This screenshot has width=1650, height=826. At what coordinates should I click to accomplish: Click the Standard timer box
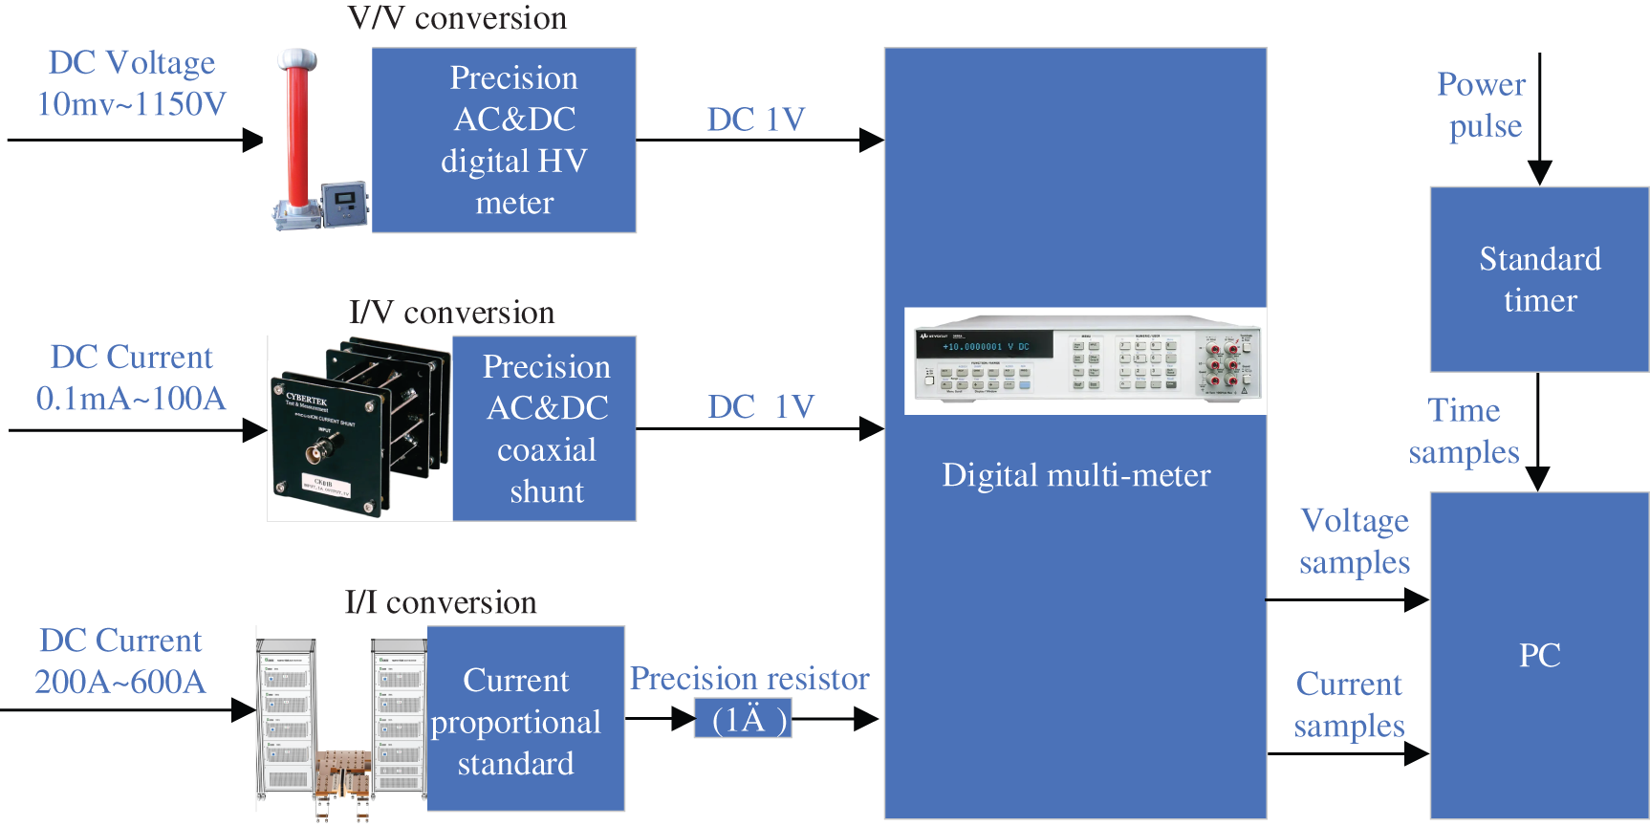tap(1539, 279)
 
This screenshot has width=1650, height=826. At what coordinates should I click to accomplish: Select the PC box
tap(1539, 656)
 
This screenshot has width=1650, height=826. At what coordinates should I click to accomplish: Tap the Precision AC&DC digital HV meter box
tap(504, 141)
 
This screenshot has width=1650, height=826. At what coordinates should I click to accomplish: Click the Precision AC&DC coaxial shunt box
tap(545, 428)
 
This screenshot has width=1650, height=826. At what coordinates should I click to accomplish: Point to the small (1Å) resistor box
tap(743, 719)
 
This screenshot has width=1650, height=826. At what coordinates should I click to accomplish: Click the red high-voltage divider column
tap(298, 134)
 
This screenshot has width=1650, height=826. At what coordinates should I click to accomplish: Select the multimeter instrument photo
tap(1085, 360)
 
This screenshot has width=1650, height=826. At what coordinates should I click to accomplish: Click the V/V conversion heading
tap(457, 18)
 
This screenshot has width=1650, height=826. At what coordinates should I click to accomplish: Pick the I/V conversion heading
tap(451, 313)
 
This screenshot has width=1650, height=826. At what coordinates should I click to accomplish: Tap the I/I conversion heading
tap(441, 602)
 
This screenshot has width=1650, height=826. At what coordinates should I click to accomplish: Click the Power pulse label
tap(1483, 105)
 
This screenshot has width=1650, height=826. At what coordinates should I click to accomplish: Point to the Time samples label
tap(1464, 431)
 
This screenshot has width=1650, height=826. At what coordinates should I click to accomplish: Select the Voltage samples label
tap(1355, 541)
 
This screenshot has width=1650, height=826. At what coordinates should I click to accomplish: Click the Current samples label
tap(1349, 705)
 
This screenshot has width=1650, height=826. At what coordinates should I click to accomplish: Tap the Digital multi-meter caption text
tap(1075, 475)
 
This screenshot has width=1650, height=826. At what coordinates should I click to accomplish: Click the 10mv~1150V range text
tap(131, 103)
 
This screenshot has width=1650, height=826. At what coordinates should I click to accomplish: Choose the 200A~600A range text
tap(120, 682)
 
